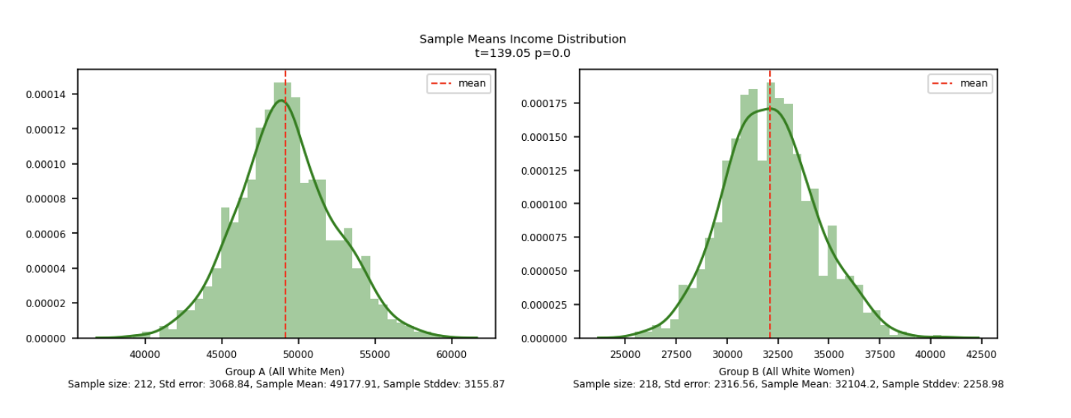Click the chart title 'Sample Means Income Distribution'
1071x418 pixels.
(x=522, y=39)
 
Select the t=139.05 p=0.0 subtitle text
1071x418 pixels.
(x=522, y=52)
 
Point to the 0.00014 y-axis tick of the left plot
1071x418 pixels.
(x=46, y=94)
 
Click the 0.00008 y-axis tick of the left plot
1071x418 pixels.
(x=46, y=199)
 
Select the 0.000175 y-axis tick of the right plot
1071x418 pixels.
(x=545, y=103)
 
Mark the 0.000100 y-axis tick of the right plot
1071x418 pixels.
(x=545, y=204)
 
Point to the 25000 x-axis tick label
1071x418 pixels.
(x=625, y=354)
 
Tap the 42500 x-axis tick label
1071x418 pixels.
(x=981, y=354)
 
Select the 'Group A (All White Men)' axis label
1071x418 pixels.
(x=285, y=372)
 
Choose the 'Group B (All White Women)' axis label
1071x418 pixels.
(x=786, y=372)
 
